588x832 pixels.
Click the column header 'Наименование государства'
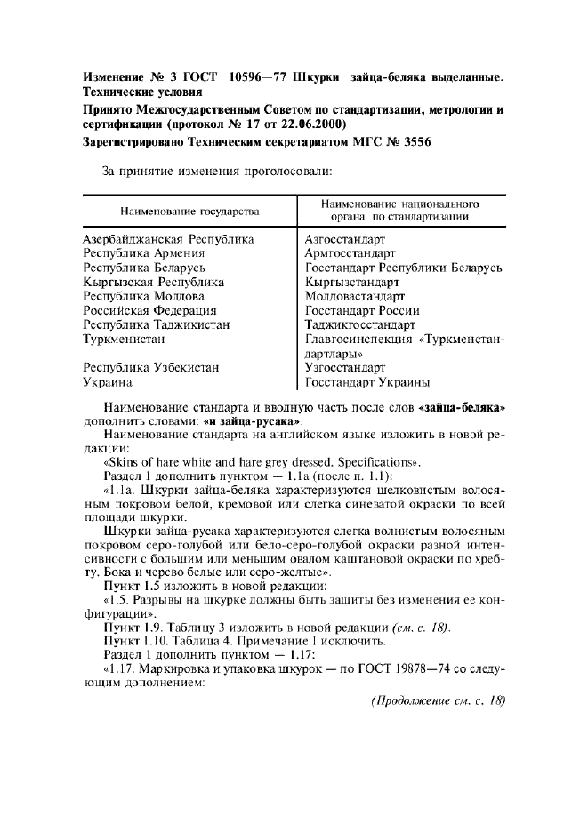pyautogui.click(x=190, y=211)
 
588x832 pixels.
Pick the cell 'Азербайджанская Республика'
pyautogui.click(x=168, y=239)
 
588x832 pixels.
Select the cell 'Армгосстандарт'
pyautogui.click(x=348, y=253)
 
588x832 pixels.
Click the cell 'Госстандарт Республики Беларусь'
pyautogui.click(x=404, y=268)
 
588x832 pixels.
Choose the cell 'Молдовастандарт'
pyautogui.click(x=355, y=296)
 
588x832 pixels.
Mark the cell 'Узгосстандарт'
pyautogui.click(x=345, y=367)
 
